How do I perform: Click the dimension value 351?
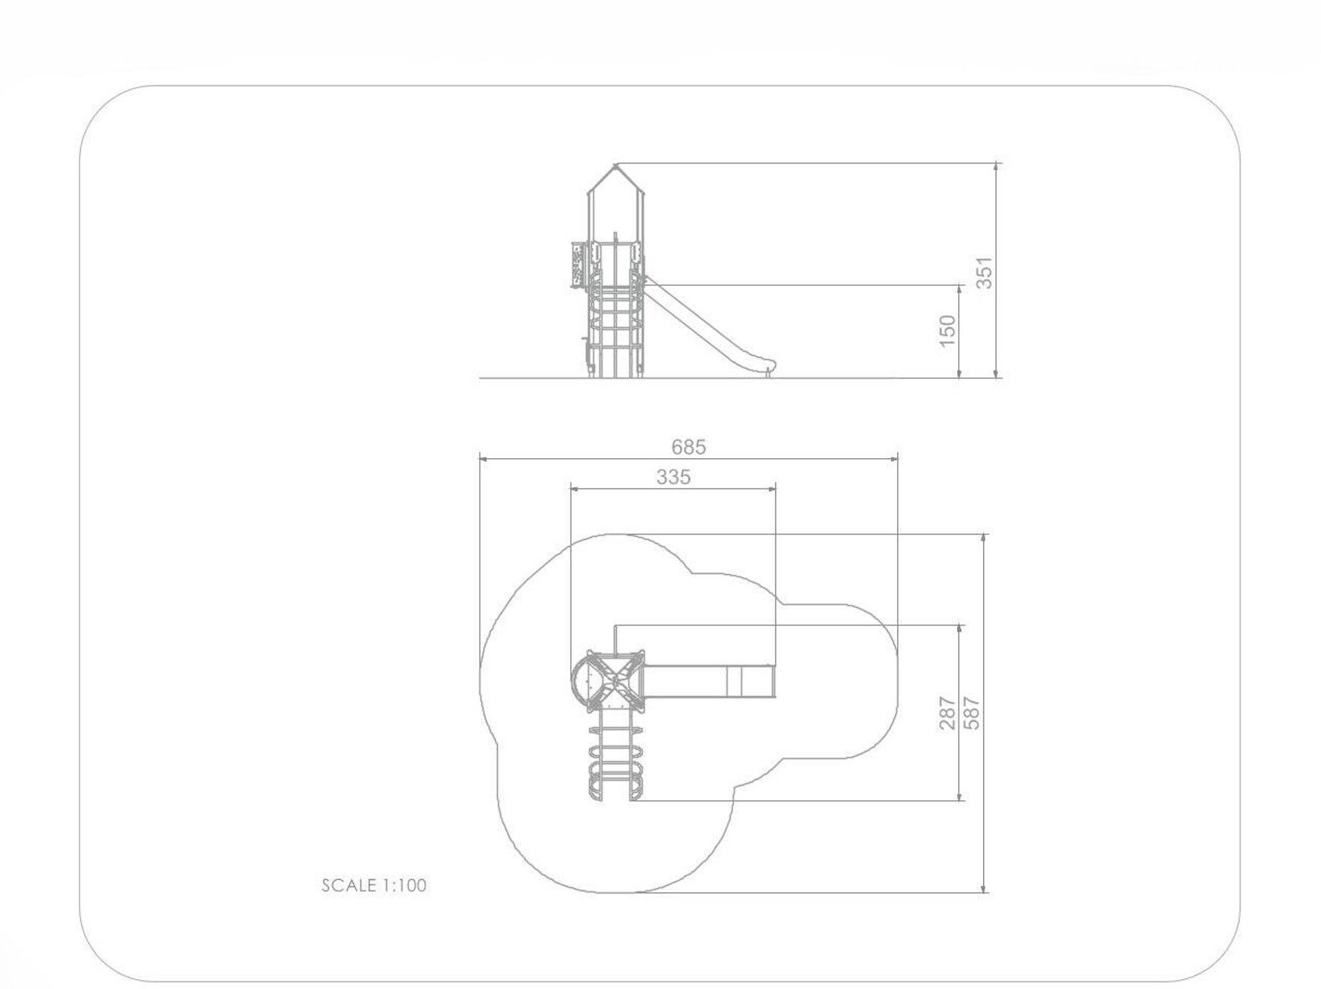click(x=983, y=273)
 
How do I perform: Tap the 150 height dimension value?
click(x=947, y=331)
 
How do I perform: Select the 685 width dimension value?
click(x=688, y=447)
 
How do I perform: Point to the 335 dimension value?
click(x=674, y=477)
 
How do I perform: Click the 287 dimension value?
click(x=947, y=713)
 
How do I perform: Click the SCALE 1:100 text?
click(x=374, y=884)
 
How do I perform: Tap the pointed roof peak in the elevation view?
click(x=616, y=164)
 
